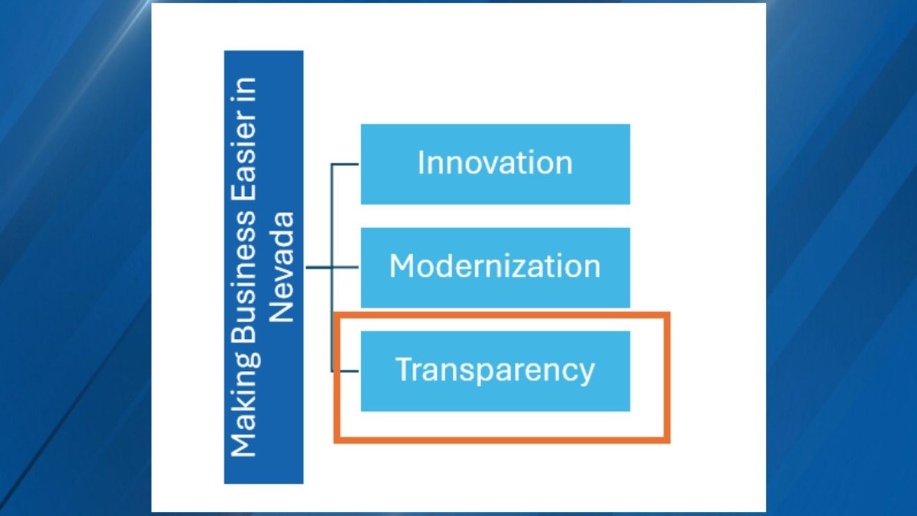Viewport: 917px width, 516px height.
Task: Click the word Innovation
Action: click(x=495, y=163)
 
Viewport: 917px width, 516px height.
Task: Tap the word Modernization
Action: click(x=495, y=266)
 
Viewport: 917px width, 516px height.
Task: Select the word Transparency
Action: click(x=495, y=369)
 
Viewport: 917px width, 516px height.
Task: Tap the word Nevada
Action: click(x=281, y=267)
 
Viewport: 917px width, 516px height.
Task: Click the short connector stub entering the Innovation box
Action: click(x=346, y=164)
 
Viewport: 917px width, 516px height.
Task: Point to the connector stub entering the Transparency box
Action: click(x=346, y=371)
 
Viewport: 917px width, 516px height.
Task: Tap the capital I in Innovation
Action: click(x=421, y=163)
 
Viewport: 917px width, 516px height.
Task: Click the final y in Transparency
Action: click(x=587, y=372)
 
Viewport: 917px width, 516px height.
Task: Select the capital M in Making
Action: click(x=243, y=444)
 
